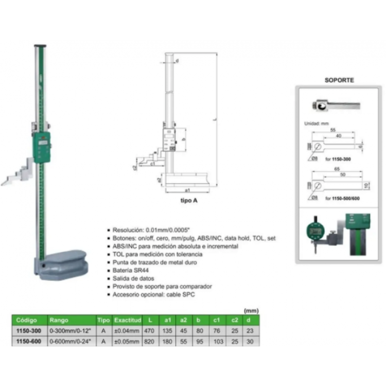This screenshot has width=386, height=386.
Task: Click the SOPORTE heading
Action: click(x=340, y=80)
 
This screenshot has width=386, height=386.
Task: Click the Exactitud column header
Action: click(x=127, y=320)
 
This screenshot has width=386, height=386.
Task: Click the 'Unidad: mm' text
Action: click(x=315, y=124)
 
